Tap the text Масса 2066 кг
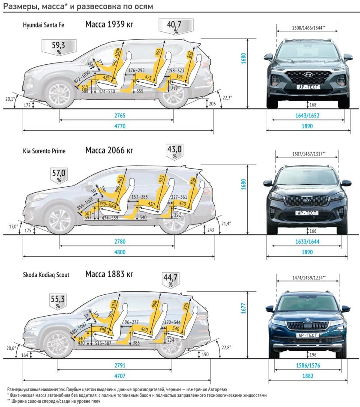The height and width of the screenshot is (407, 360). [x=109, y=150]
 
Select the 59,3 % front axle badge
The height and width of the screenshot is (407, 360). [x=59, y=48]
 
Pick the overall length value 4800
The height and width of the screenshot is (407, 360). [x=120, y=252]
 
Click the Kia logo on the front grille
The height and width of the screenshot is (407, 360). [x=306, y=201]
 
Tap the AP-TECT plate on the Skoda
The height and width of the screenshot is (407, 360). [x=307, y=335]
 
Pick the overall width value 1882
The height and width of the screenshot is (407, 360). [x=307, y=376]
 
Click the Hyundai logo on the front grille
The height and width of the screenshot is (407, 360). [x=306, y=74]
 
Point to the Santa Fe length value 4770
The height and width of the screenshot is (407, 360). [x=120, y=126]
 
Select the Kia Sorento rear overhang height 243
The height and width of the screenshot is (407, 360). [x=211, y=230]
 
